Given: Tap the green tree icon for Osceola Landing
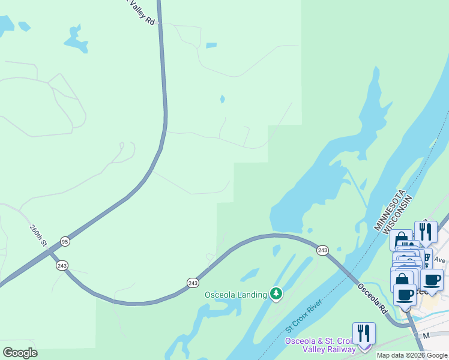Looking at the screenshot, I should (276, 294).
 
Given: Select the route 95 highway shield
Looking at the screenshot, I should (65, 242).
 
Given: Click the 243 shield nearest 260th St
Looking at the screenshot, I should (62, 265).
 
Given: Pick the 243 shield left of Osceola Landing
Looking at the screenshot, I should (193, 283).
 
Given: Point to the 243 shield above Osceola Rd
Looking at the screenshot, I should (322, 250).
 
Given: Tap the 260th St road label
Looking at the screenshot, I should (38, 235).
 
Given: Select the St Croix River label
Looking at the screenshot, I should (304, 315).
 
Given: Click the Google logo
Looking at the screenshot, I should (20, 353).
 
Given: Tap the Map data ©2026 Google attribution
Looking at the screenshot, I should (412, 355).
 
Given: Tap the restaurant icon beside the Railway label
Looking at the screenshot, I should (364, 334).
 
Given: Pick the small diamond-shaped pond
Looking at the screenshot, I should (223, 99).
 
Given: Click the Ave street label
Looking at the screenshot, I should (439, 260).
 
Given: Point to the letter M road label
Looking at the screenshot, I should (426, 336).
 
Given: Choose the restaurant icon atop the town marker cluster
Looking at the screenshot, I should (426, 232).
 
